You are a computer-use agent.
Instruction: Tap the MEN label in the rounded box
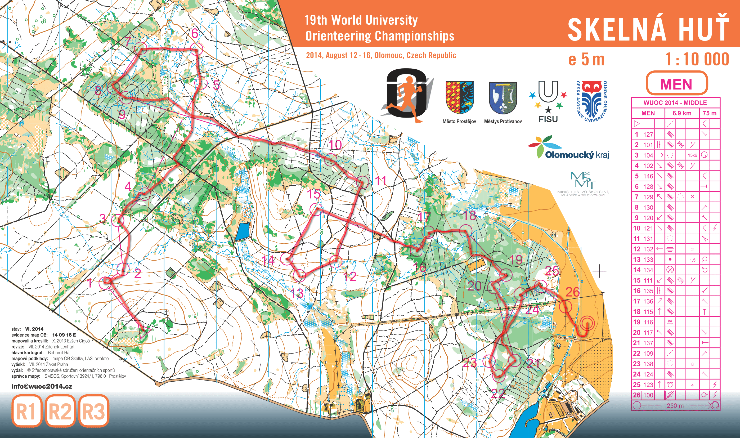(676, 84)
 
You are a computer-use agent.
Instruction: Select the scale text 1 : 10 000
(697, 59)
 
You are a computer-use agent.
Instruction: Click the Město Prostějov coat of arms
(459, 98)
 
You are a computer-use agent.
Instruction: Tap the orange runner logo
(407, 95)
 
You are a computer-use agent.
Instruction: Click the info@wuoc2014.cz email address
(42, 386)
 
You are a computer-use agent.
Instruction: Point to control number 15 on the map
(313, 194)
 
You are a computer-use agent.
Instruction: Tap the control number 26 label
(572, 292)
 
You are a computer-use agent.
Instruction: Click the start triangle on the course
(145, 332)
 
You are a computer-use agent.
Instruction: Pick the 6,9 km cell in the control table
(681, 113)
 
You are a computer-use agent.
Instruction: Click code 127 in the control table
(648, 135)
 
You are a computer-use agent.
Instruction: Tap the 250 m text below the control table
(675, 405)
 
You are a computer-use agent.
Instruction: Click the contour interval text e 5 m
(586, 60)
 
